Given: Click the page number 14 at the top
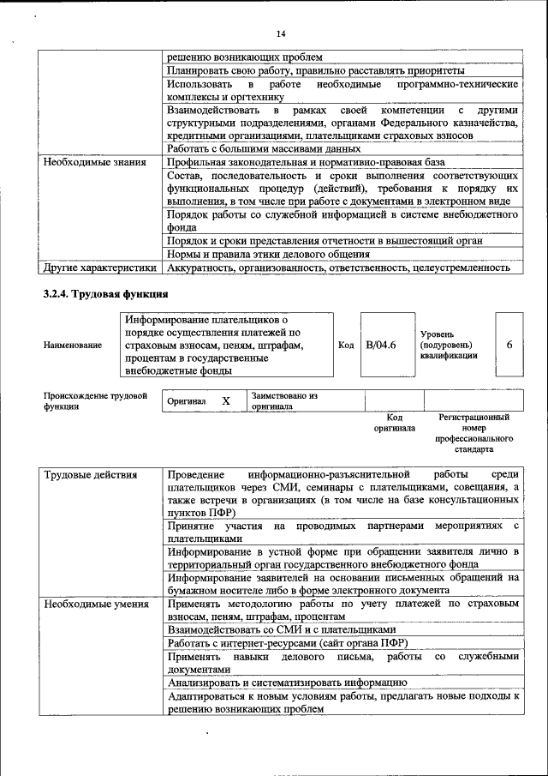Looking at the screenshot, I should point(280,33).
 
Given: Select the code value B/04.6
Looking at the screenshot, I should point(380,345).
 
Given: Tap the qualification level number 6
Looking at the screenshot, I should point(509,345).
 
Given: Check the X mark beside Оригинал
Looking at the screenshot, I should point(226,401).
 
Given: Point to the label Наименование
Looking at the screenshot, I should point(73,345).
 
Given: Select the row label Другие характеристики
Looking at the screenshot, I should point(98,268).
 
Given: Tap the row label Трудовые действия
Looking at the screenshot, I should point(89,474).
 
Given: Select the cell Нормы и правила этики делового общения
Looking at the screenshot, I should point(268,254).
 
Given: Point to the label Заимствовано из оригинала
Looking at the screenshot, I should point(284,401).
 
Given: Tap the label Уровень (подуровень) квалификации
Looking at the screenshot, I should point(449,345).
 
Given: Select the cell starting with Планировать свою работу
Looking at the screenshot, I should point(316,69).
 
